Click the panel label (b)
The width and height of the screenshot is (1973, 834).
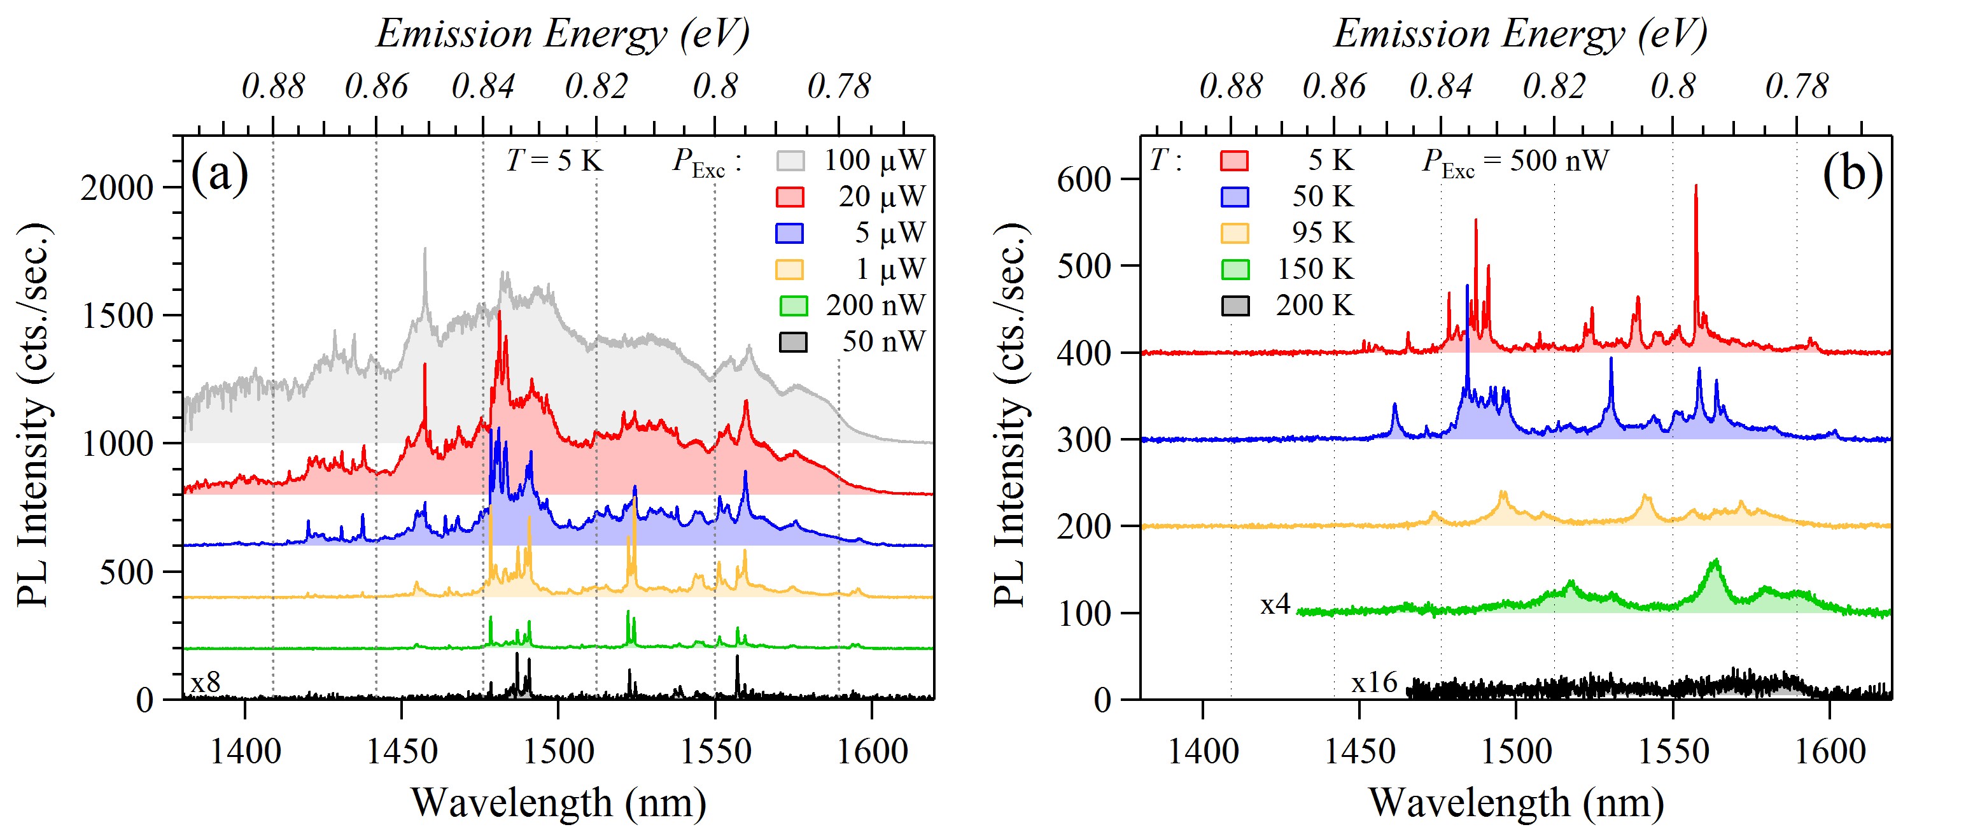coord(1852,174)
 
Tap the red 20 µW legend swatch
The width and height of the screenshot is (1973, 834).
coord(790,197)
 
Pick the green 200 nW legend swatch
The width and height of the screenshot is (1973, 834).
coord(793,306)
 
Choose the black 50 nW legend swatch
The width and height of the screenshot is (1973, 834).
coord(793,342)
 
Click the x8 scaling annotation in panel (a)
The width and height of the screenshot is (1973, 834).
coord(206,682)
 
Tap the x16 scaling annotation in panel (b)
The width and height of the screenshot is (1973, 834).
coord(1374,682)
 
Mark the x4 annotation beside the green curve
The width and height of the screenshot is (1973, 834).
coord(1275,605)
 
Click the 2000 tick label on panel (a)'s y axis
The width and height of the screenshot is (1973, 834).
coord(116,188)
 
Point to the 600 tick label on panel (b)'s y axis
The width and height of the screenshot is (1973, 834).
coord(1084,180)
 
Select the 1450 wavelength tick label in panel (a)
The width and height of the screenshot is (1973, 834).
coord(402,751)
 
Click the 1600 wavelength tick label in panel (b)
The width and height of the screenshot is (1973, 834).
coord(1830,751)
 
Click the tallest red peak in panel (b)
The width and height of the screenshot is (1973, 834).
coord(1696,187)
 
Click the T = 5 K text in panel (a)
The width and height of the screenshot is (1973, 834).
coord(554,161)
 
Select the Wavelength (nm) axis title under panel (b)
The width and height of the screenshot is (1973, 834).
coord(1516,803)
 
